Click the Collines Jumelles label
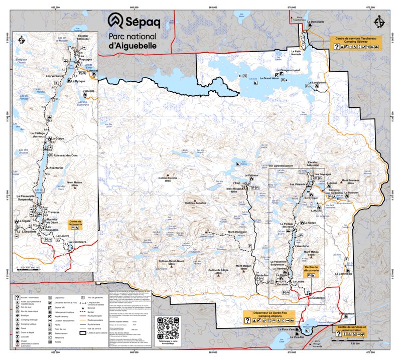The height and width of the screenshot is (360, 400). tap(196, 203)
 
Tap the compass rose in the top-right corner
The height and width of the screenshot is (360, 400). tap(379, 23)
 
